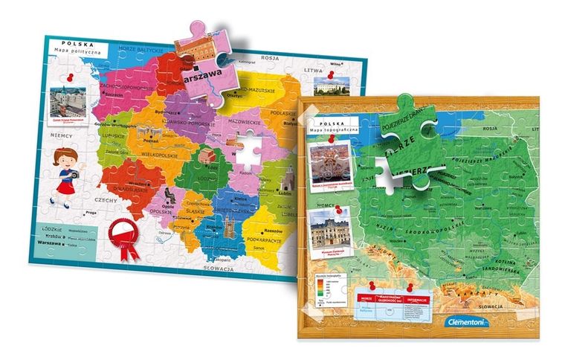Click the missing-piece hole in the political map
246,147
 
